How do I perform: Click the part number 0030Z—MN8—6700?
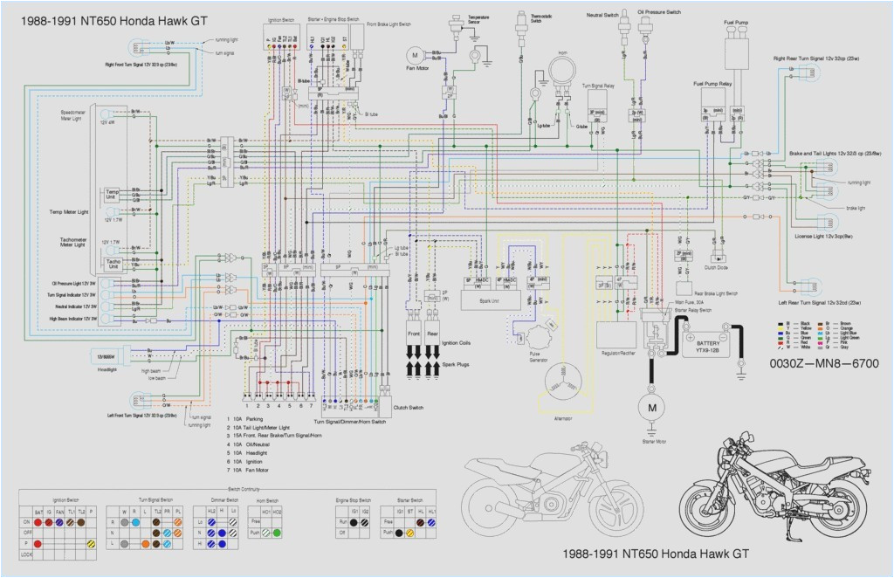pyautogui.click(x=823, y=362)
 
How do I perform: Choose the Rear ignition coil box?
pyautogui.click(x=433, y=334)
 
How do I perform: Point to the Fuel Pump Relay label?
pyautogui.click(x=712, y=84)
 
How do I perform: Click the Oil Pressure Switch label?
pyautogui.click(x=659, y=13)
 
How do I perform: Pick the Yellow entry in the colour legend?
pyautogui.click(x=792, y=328)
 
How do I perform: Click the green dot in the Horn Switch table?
pyautogui.click(x=277, y=531)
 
